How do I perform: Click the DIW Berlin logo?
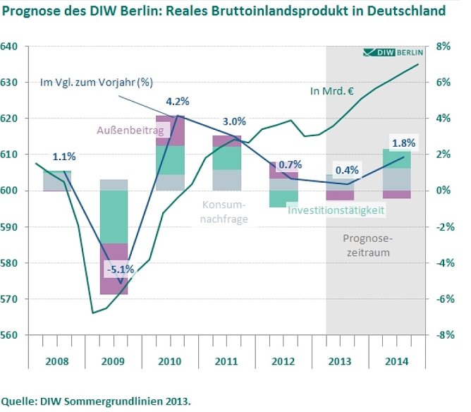[x=392, y=53]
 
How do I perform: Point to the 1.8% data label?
[x=403, y=143]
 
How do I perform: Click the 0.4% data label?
[x=347, y=170]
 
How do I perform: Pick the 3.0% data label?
[x=234, y=121]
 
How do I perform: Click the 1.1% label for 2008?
[x=63, y=157]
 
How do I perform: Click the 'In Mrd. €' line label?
[x=331, y=91]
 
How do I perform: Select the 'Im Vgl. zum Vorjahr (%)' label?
[x=97, y=82]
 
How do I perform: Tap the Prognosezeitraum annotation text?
[x=373, y=244]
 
